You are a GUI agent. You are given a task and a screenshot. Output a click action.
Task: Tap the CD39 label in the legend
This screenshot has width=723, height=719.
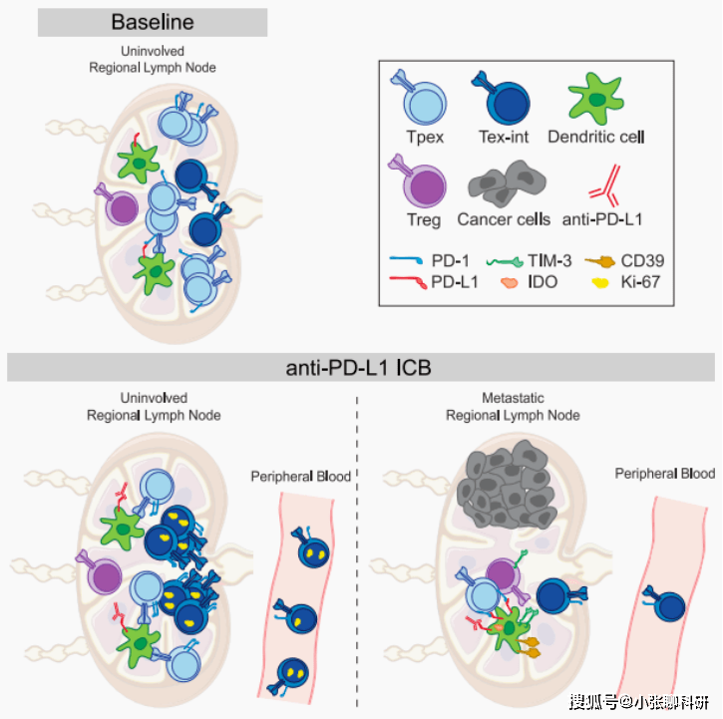(x=643, y=261)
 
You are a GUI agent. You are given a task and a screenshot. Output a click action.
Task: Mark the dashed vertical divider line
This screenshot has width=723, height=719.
(x=358, y=548)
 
